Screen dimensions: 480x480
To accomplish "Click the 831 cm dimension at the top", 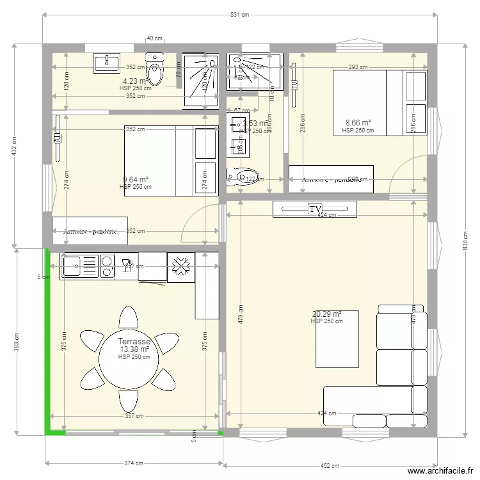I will pyautogui.click(x=240, y=15).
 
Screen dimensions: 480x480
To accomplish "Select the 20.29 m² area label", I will pyautogui.click(x=326, y=314).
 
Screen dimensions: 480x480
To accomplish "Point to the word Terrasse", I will pyautogui.click(x=134, y=342).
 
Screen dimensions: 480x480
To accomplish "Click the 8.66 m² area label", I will pyautogui.click(x=358, y=123).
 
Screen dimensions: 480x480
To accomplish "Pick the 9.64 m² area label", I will pyautogui.click(x=135, y=180).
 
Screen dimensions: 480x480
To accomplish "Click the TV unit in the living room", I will pyautogui.click(x=314, y=209).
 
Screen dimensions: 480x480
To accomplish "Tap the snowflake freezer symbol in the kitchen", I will pyautogui.click(x=180, y=266).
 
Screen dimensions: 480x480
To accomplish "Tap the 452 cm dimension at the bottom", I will pyautogui.click(x=330, y=466).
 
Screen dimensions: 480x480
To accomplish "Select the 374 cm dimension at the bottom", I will pyautogui.click(x=133, y=463).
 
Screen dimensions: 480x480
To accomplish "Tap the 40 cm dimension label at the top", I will pyautogui.click(x=154, y=38).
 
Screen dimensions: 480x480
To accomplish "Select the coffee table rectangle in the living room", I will pyautogui.click(x=337, y=339).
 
